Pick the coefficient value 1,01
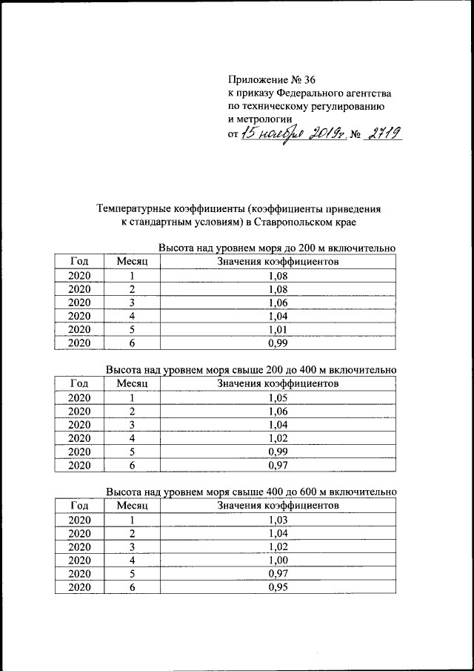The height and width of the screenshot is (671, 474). pos(278,329)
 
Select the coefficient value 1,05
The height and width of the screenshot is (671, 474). pos(278,397)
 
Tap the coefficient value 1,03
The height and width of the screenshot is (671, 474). pos(278,520)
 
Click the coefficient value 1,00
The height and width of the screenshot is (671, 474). pos(278,561)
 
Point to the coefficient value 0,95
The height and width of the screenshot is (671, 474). pos(278,587)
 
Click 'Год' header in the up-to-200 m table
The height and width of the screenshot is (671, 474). pos(79,261)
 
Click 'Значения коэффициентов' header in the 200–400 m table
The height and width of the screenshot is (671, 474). pos(278,383)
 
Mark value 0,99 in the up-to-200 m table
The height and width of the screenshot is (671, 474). pos(278,343)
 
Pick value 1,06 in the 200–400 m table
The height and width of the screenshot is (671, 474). pos(278,411)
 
